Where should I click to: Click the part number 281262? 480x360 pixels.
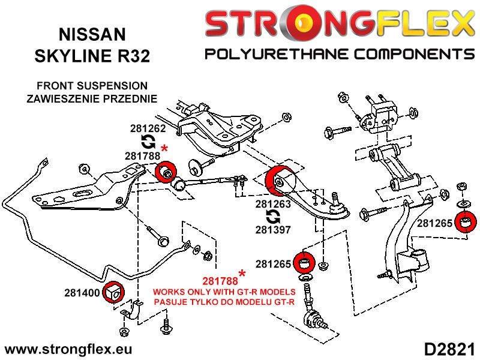point(147,128)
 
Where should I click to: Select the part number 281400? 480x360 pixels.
point(81,293)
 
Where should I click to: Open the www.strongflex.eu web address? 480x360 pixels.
point(68,349)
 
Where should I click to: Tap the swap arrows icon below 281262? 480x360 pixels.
point(147,142)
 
